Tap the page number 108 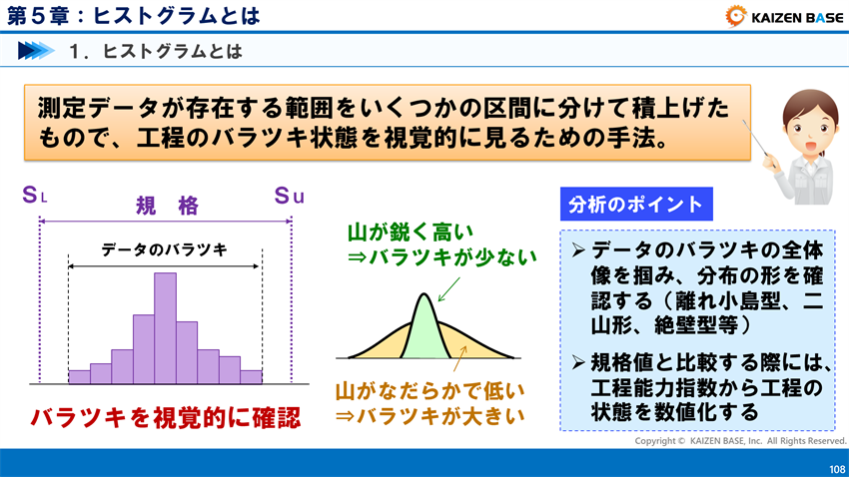click(x=836, y=468)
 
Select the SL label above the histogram click(x=34, y=196)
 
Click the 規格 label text click(x=167, y=207)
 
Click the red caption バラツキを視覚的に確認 click(x=165, y=418)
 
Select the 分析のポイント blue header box click(x=635, y=206)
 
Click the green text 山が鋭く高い click(x=404, y=233)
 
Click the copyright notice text click(x=740, y=440)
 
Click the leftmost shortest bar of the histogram click(x=79, y=376)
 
